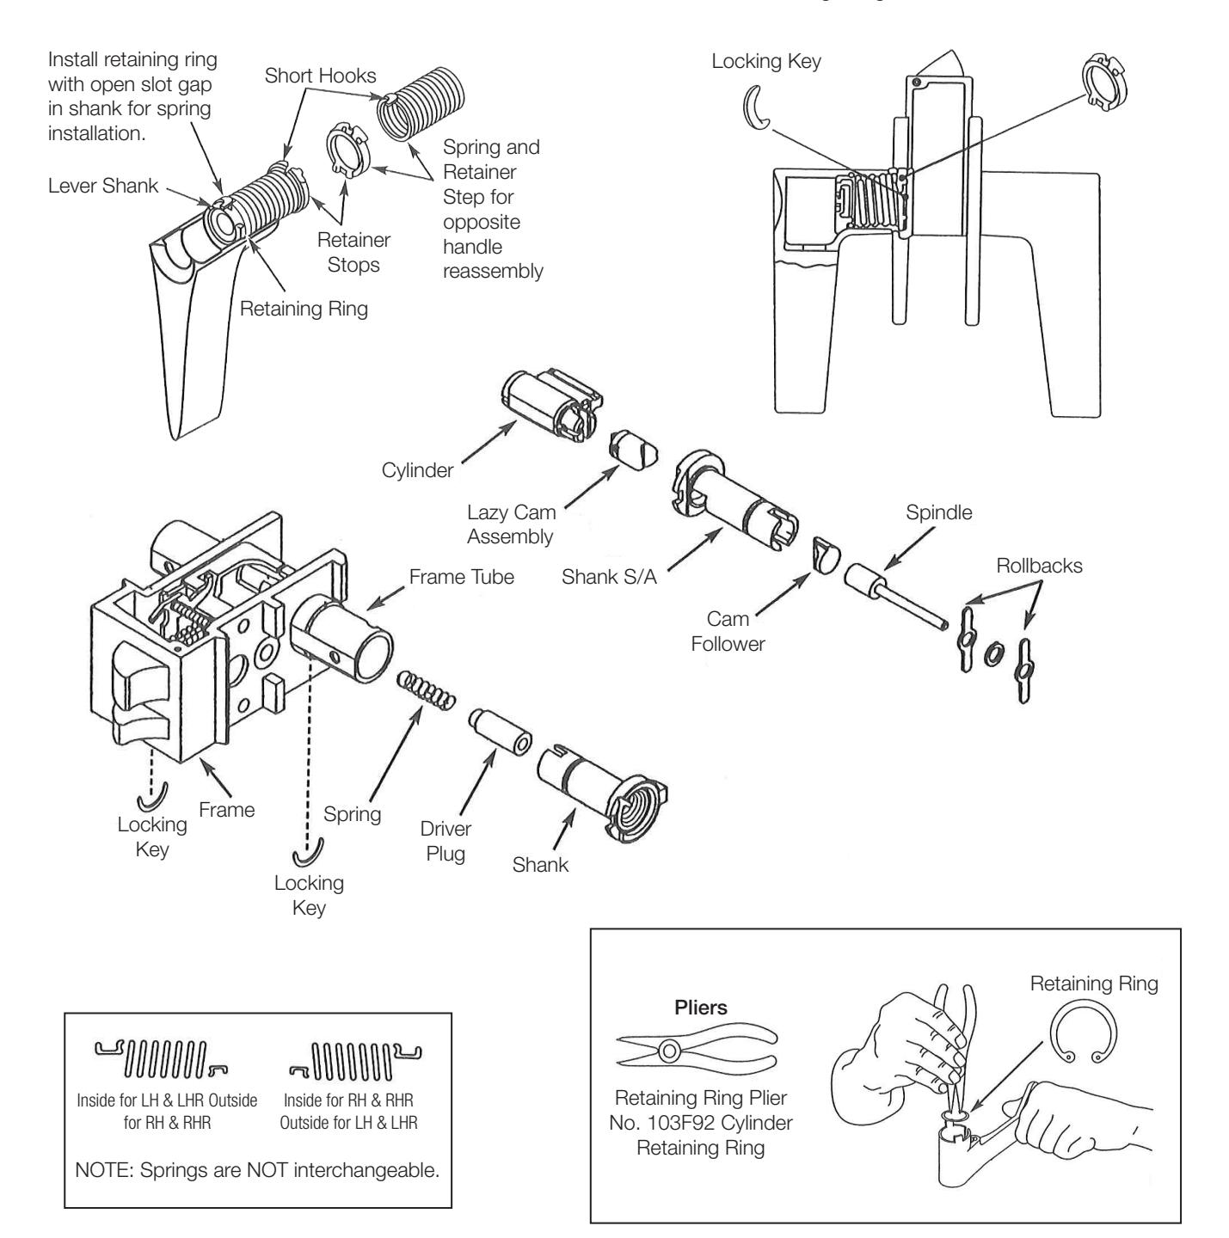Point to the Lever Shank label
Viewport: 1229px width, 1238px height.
click(103, 186)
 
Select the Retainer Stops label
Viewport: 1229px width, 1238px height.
click(354, 252)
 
